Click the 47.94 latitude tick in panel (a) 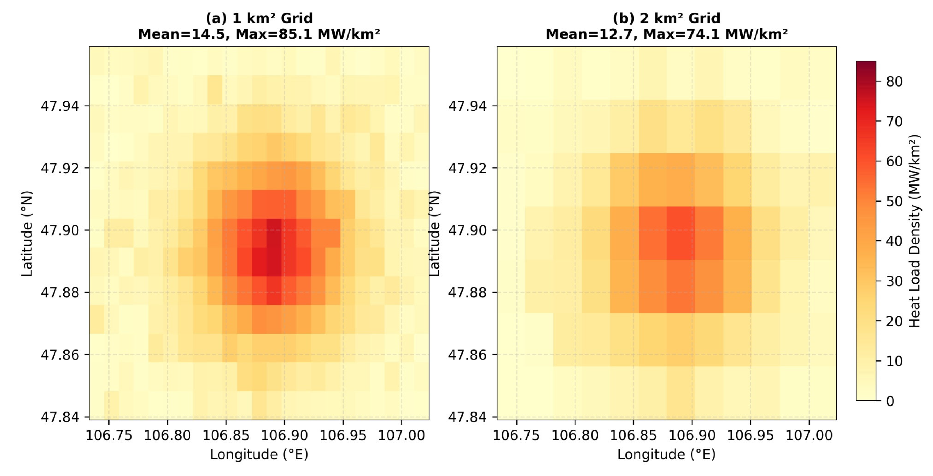click(60, 106)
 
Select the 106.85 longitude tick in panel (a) click(226, 435)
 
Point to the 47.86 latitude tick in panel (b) click(467, 355)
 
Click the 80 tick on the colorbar click(894, 81)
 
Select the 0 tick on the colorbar click(890, 401)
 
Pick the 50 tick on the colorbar click(894, 201)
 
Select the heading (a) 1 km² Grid click(259, 18)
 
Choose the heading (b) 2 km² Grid click(666, 18)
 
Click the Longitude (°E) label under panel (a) click(259, 454)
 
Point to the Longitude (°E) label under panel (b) click(666, 454)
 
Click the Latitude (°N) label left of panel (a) click(27, 234)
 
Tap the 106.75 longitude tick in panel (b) click(516, 435)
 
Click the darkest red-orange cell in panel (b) click(681, 233)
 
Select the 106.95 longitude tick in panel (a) click(343, 435)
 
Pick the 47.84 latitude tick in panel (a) click(60, 417)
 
